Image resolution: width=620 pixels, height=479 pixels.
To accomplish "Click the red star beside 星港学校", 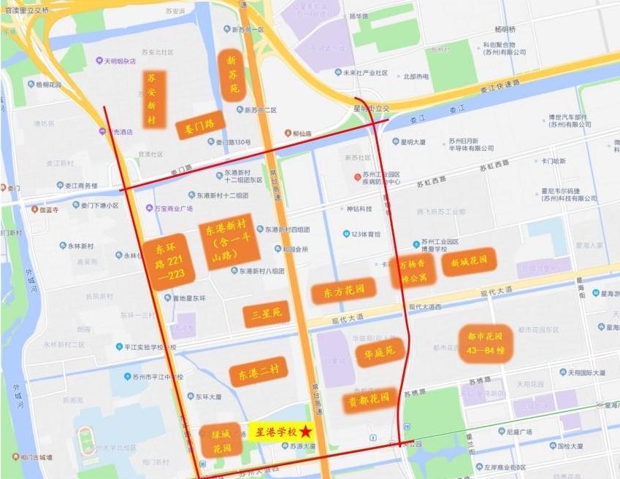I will coord(305,432).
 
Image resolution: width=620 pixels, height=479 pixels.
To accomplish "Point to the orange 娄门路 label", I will coord(199,127).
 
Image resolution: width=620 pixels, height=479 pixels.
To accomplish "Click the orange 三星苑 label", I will coord(266,314).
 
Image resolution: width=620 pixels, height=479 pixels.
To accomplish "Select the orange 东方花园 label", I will coord(343,290).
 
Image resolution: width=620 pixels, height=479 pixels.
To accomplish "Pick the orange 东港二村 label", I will coord(258,374).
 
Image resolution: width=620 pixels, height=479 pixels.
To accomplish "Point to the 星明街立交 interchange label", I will coord(371,108).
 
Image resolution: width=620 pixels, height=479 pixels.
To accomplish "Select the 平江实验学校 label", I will coord(147,348).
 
